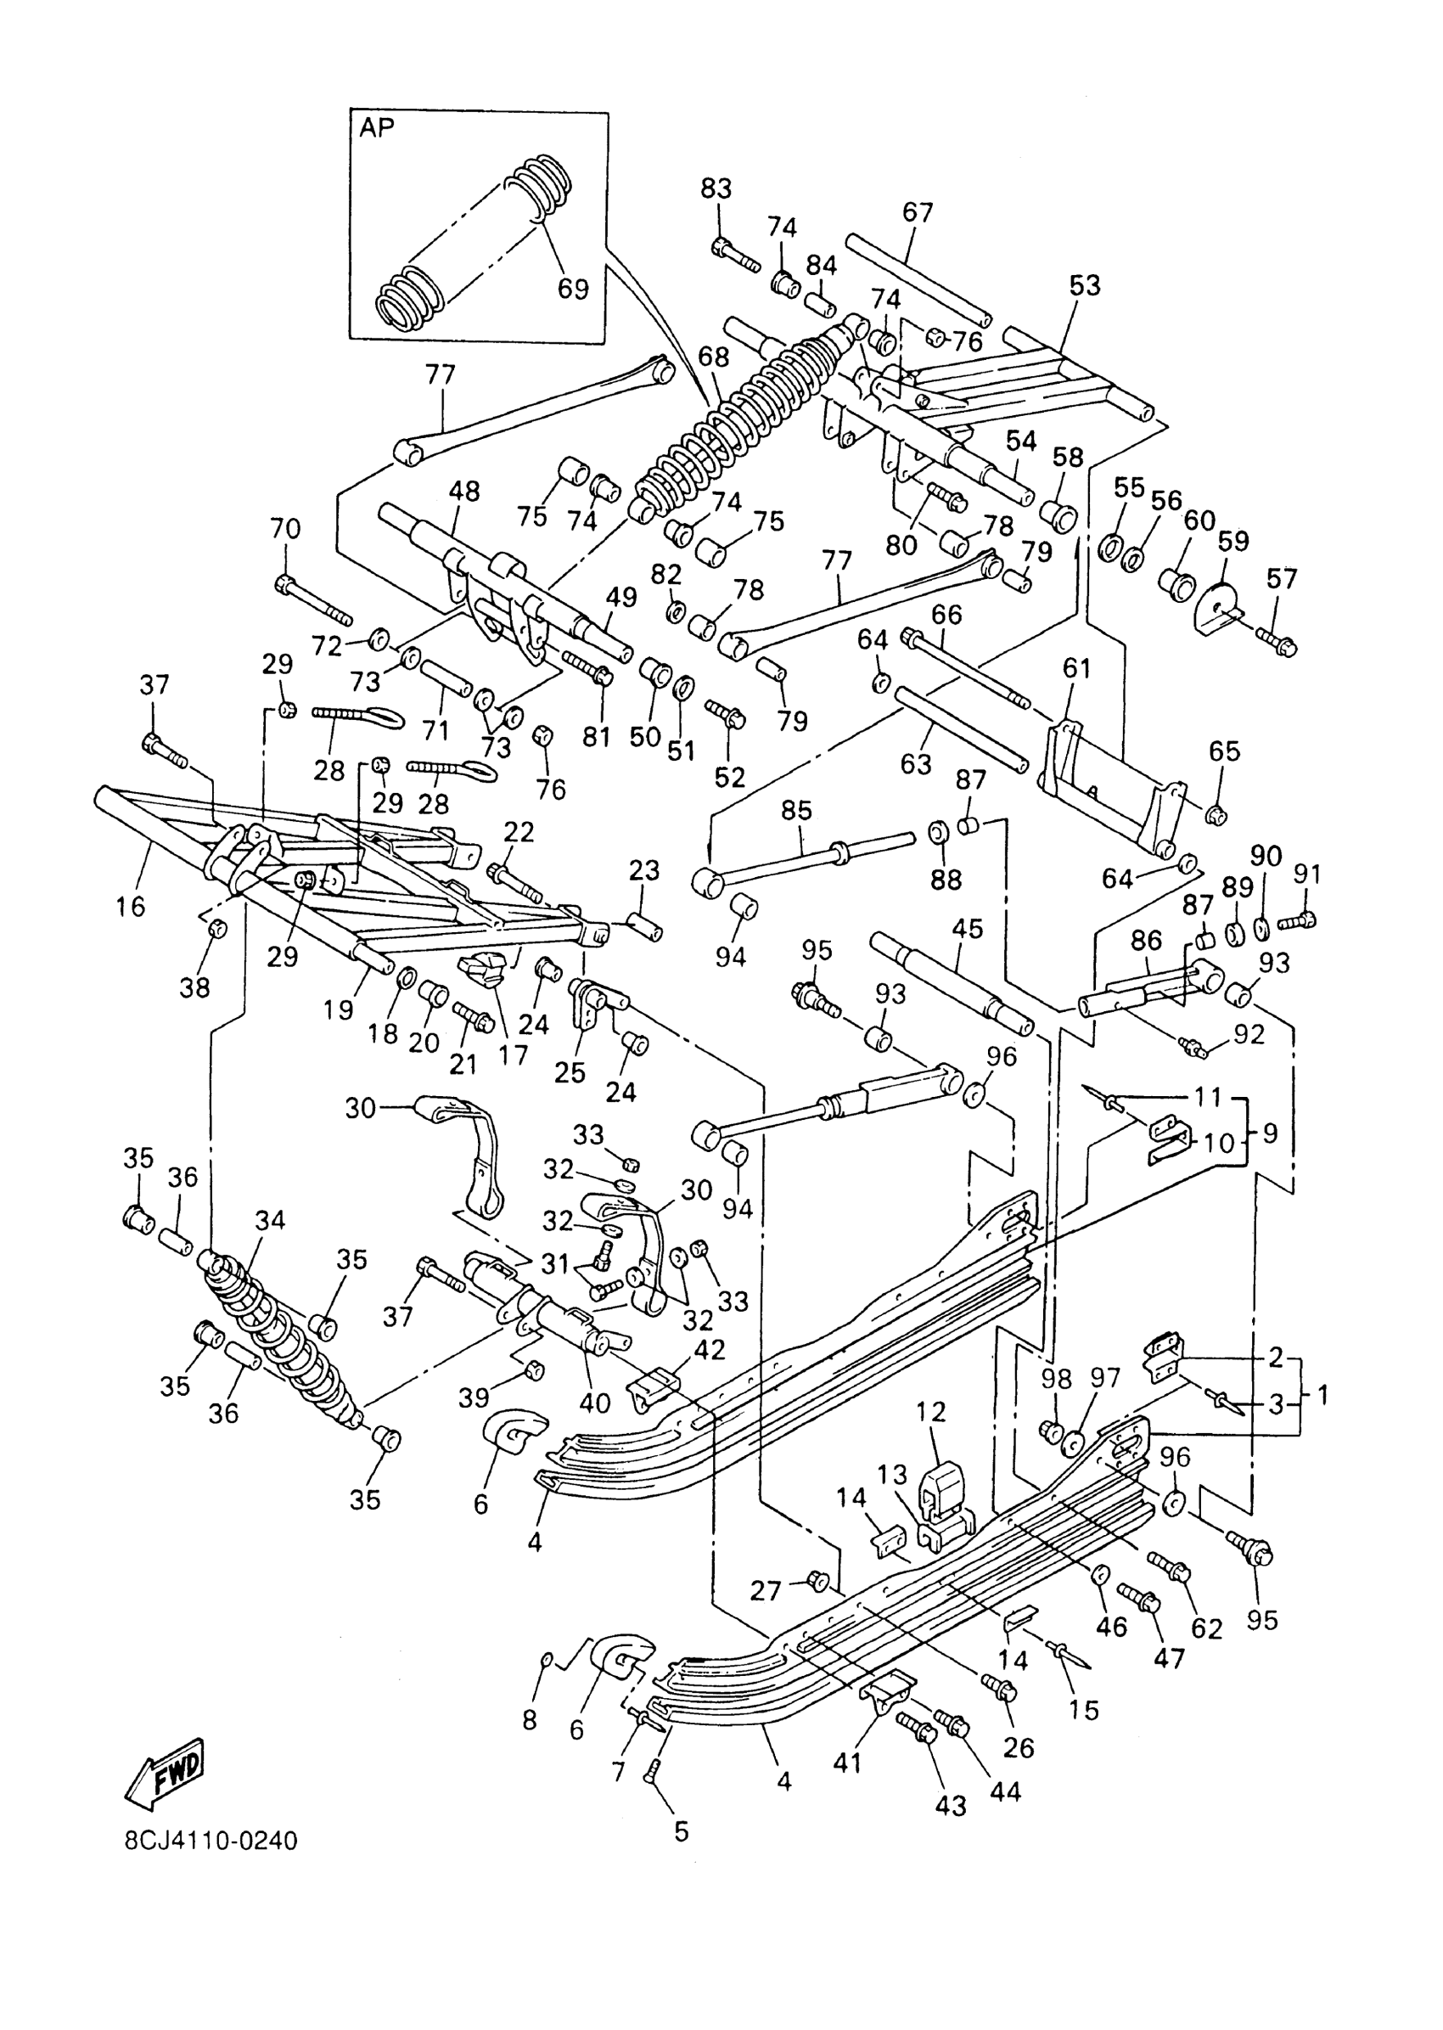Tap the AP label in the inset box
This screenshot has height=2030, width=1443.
click(377, 128)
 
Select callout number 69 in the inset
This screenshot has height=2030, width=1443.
click(573, 289)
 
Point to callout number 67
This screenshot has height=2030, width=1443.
click(918, 212)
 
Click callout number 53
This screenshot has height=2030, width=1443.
click(1084, 285)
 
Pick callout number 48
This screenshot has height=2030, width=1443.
click(463, 492)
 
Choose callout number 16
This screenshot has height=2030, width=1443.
click(130, 907)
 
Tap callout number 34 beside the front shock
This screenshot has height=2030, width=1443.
click(270, 1220)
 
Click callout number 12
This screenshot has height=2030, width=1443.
click(931, 1411)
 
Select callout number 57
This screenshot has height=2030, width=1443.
click(1281, 578)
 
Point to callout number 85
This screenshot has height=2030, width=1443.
click(797, 811)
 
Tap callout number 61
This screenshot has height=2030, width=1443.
click(1076, 667)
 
